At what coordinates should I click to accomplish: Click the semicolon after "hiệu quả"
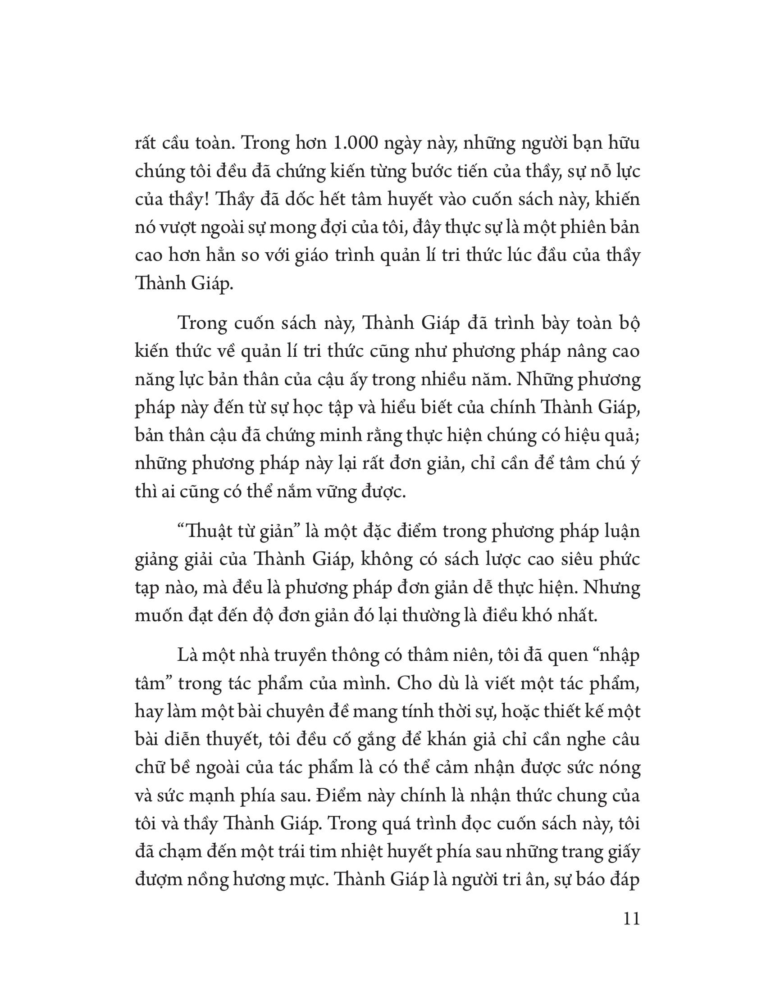(638, 436)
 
